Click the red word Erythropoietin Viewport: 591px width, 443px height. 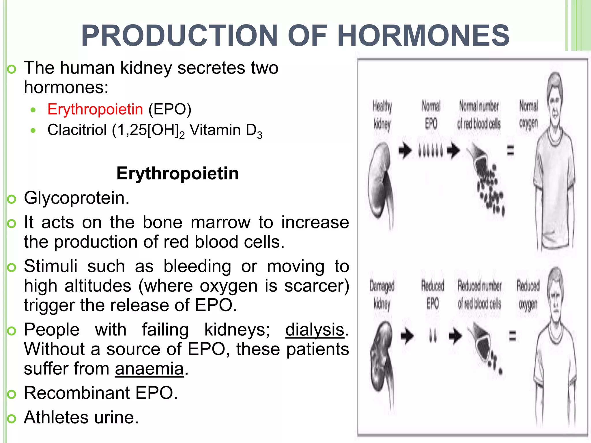[95, 109]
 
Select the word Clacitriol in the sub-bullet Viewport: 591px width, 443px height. [77, 130]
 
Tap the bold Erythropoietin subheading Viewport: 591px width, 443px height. [177, 173]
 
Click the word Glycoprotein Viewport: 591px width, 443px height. [77, 198]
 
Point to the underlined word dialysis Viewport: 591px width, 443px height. [315, 330]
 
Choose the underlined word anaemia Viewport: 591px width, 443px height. [149, 369]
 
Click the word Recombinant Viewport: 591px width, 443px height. [77, 393]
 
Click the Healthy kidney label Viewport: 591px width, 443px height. [382, 115]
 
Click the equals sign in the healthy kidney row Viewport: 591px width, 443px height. [510, 150]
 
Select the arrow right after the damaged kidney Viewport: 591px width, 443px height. [407, 336]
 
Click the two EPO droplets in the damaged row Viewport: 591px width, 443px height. [433, 336]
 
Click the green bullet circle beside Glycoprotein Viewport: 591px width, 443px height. [12, 199]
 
